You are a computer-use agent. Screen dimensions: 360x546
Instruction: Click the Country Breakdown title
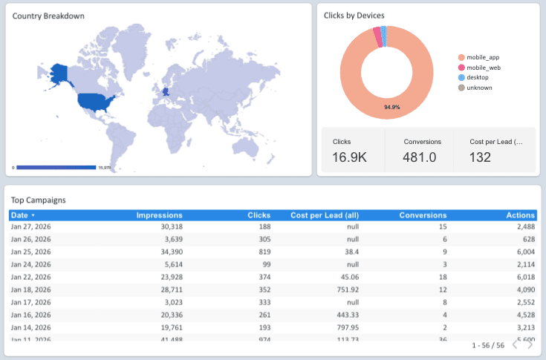[x=48, y=16]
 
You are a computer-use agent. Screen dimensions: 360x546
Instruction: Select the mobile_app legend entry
[x=483, y=57]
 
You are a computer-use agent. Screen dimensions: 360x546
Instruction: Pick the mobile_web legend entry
[x=483, y=68]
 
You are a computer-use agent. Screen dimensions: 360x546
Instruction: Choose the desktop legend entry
[x=477, y=77]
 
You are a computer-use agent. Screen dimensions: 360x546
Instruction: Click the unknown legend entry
[x=478, y=88]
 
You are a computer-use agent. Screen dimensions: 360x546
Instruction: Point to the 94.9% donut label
[x=392, y=108]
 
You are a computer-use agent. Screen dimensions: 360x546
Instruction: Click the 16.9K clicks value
[x=349, y=157]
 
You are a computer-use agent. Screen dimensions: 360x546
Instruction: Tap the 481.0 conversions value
[x=420, y=157]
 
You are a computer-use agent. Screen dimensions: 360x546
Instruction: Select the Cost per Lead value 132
[x=481, y=157]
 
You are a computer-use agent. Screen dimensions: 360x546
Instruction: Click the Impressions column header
[x=159, y=215]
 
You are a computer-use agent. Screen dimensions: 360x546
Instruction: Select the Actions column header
[x=520, y=215]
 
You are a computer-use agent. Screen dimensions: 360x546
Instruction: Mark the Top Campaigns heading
[x=39, y=200]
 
